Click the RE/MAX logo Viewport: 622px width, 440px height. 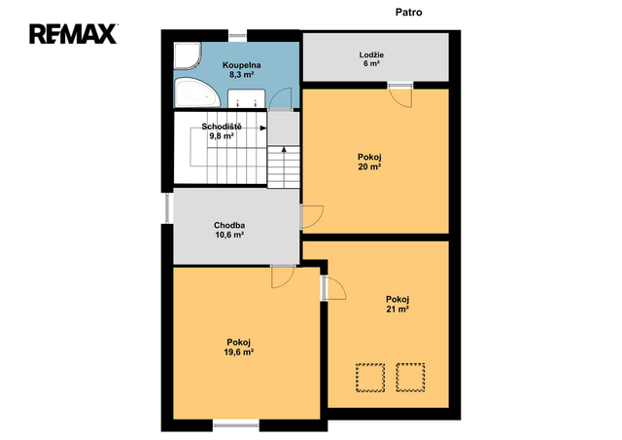pyautogui.click(x=73, y=34)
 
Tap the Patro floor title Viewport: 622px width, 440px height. pyautogui.click(x=408, y=13)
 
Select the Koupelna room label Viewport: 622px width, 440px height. pyautogui.click(x=242, y=65)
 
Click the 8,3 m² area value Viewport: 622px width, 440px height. pyautogui.click(x=242, y=75)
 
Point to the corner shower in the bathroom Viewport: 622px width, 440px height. pyautogui.click(x=188, y=56)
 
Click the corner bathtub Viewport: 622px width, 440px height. pyautogui.click(x=197, y=92)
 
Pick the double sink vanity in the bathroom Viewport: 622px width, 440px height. pyautogui.click(x=246, y=98)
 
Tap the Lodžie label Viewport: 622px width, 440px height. pyautogui.click(x=371, y=55)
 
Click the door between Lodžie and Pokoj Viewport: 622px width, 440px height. pyautogui.click(x=400, y=95)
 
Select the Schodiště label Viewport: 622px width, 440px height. pyautogui.click(x=222, y=127)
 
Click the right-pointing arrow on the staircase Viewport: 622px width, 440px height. pyautogui.click(x=263, y=128)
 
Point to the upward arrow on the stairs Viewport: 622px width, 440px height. pyautogui.click(x=284, y=150)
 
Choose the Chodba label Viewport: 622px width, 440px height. pyautogui.click(x=229, y=226)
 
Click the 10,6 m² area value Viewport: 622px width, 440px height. pyautogui.click(x=229, y=235)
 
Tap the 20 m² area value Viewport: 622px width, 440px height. pyautogui.click(x=369, y=166)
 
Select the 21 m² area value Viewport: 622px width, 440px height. pyautogui.click(x=397, y=310)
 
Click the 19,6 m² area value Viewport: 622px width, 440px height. pyautogui.click(x=239, y=352)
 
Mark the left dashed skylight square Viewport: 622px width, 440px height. pyautogui.click(x=370, y=378)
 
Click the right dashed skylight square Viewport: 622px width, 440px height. pyautogui.click(x=410, y=378)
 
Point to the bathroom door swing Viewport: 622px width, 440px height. pyautogui.click(x=281, y=98)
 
